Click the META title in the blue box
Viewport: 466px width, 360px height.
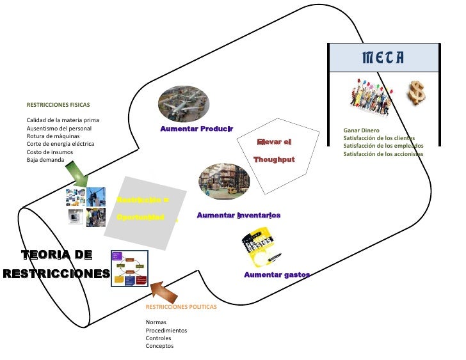click(x=383, y=58)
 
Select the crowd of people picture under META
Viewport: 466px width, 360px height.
click(x=372, y=99)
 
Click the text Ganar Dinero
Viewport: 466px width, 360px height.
click(x=361, y=130)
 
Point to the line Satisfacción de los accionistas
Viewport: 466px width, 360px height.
click(x=383, y=153)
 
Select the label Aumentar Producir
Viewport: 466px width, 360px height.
click(x=197, y=129)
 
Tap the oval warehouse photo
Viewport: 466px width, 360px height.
click(x=224, y=181)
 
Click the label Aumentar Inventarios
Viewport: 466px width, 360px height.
click(x=238, y=215)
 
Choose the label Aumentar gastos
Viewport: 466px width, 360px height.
click(x=277, y=274)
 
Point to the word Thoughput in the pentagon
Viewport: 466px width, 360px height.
click(x=274, y=159)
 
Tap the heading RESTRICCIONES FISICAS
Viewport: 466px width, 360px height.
click(x=58, y=104)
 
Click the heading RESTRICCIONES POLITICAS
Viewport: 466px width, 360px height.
click(x=181, y=307)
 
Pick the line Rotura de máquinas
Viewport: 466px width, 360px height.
click(x=53, y=136)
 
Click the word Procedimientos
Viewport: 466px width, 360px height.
click(x=166, y=331)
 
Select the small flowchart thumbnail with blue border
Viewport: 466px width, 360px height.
click(x=129, y=269)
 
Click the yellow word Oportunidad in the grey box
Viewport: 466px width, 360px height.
click(x=141, y=217)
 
